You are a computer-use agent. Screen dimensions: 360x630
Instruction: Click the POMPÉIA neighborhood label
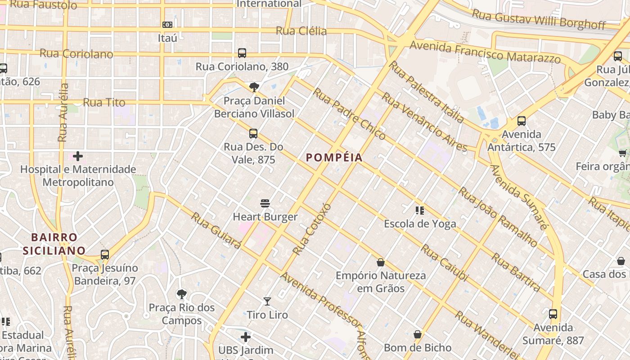click(x=334, y=157)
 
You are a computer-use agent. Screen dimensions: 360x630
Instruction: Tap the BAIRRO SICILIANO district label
click(x=54, y=244)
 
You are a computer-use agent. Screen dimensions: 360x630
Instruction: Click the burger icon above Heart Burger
click(x=265, y=203)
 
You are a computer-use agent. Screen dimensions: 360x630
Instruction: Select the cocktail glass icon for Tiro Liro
click(x=267, y=301)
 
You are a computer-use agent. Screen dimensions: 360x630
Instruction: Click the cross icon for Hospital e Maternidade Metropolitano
click(x=78, y=156)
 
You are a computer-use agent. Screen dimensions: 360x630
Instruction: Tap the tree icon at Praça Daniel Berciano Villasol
click(x=254, y=87)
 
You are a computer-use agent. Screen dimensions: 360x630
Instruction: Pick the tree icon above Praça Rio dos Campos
click(x=182, y=294)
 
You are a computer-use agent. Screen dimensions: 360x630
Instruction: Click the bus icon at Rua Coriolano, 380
click(x=242, y=53)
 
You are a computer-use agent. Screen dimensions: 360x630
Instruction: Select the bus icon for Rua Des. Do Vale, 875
click(x=253, y=133)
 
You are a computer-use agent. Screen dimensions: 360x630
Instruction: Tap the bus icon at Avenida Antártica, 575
click(x=522, y=121)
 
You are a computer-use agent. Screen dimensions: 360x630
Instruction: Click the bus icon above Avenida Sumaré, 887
click(x=553, y=314)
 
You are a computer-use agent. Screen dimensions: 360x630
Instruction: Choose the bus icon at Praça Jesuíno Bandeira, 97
click(x=105, y=255)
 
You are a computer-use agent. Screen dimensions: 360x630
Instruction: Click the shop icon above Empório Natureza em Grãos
click(x=381, y=262)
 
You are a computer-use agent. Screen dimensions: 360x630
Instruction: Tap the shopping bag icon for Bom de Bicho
click(x=418, y=334)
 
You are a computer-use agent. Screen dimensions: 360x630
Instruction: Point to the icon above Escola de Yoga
click(x=420, y=210)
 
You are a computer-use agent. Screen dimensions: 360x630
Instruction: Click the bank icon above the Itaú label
click(x=167, y=25)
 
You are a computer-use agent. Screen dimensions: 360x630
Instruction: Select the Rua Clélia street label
click(x=301, y=31)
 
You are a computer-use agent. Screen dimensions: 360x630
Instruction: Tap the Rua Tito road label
click(x=104, y=103)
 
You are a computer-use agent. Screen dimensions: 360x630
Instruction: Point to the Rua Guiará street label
click(x=216, y=230)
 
